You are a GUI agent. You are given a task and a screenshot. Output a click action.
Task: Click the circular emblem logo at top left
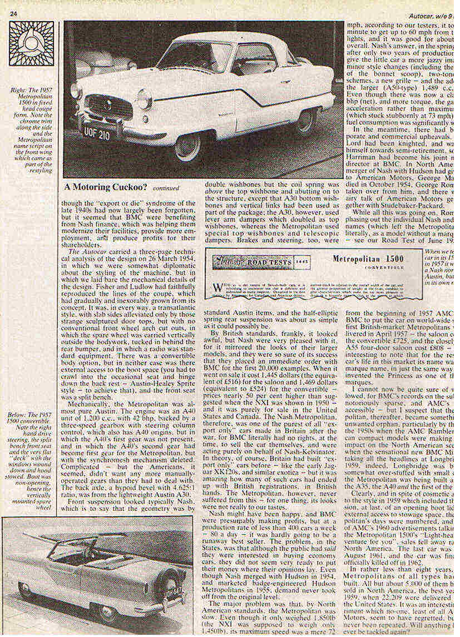tap(31, 43)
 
